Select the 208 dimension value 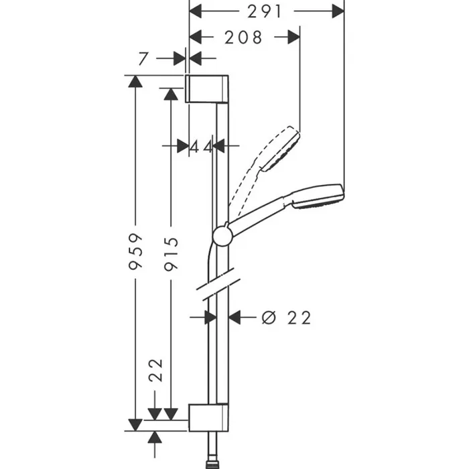point(244,38)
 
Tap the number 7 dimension point(142,58)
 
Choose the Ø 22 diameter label point(286,318)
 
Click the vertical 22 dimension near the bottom point(155,369)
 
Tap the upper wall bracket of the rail point(208,88)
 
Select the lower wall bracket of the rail point(208,418)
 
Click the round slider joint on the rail point(222,235)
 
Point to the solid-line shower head point(316,196)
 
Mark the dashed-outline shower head point(280,149)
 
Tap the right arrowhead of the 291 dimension point(338,11)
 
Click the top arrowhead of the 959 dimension point(135,82)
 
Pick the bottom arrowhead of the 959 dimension point(135,424)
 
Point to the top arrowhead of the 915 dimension point(171,94)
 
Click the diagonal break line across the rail point(217,282)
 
